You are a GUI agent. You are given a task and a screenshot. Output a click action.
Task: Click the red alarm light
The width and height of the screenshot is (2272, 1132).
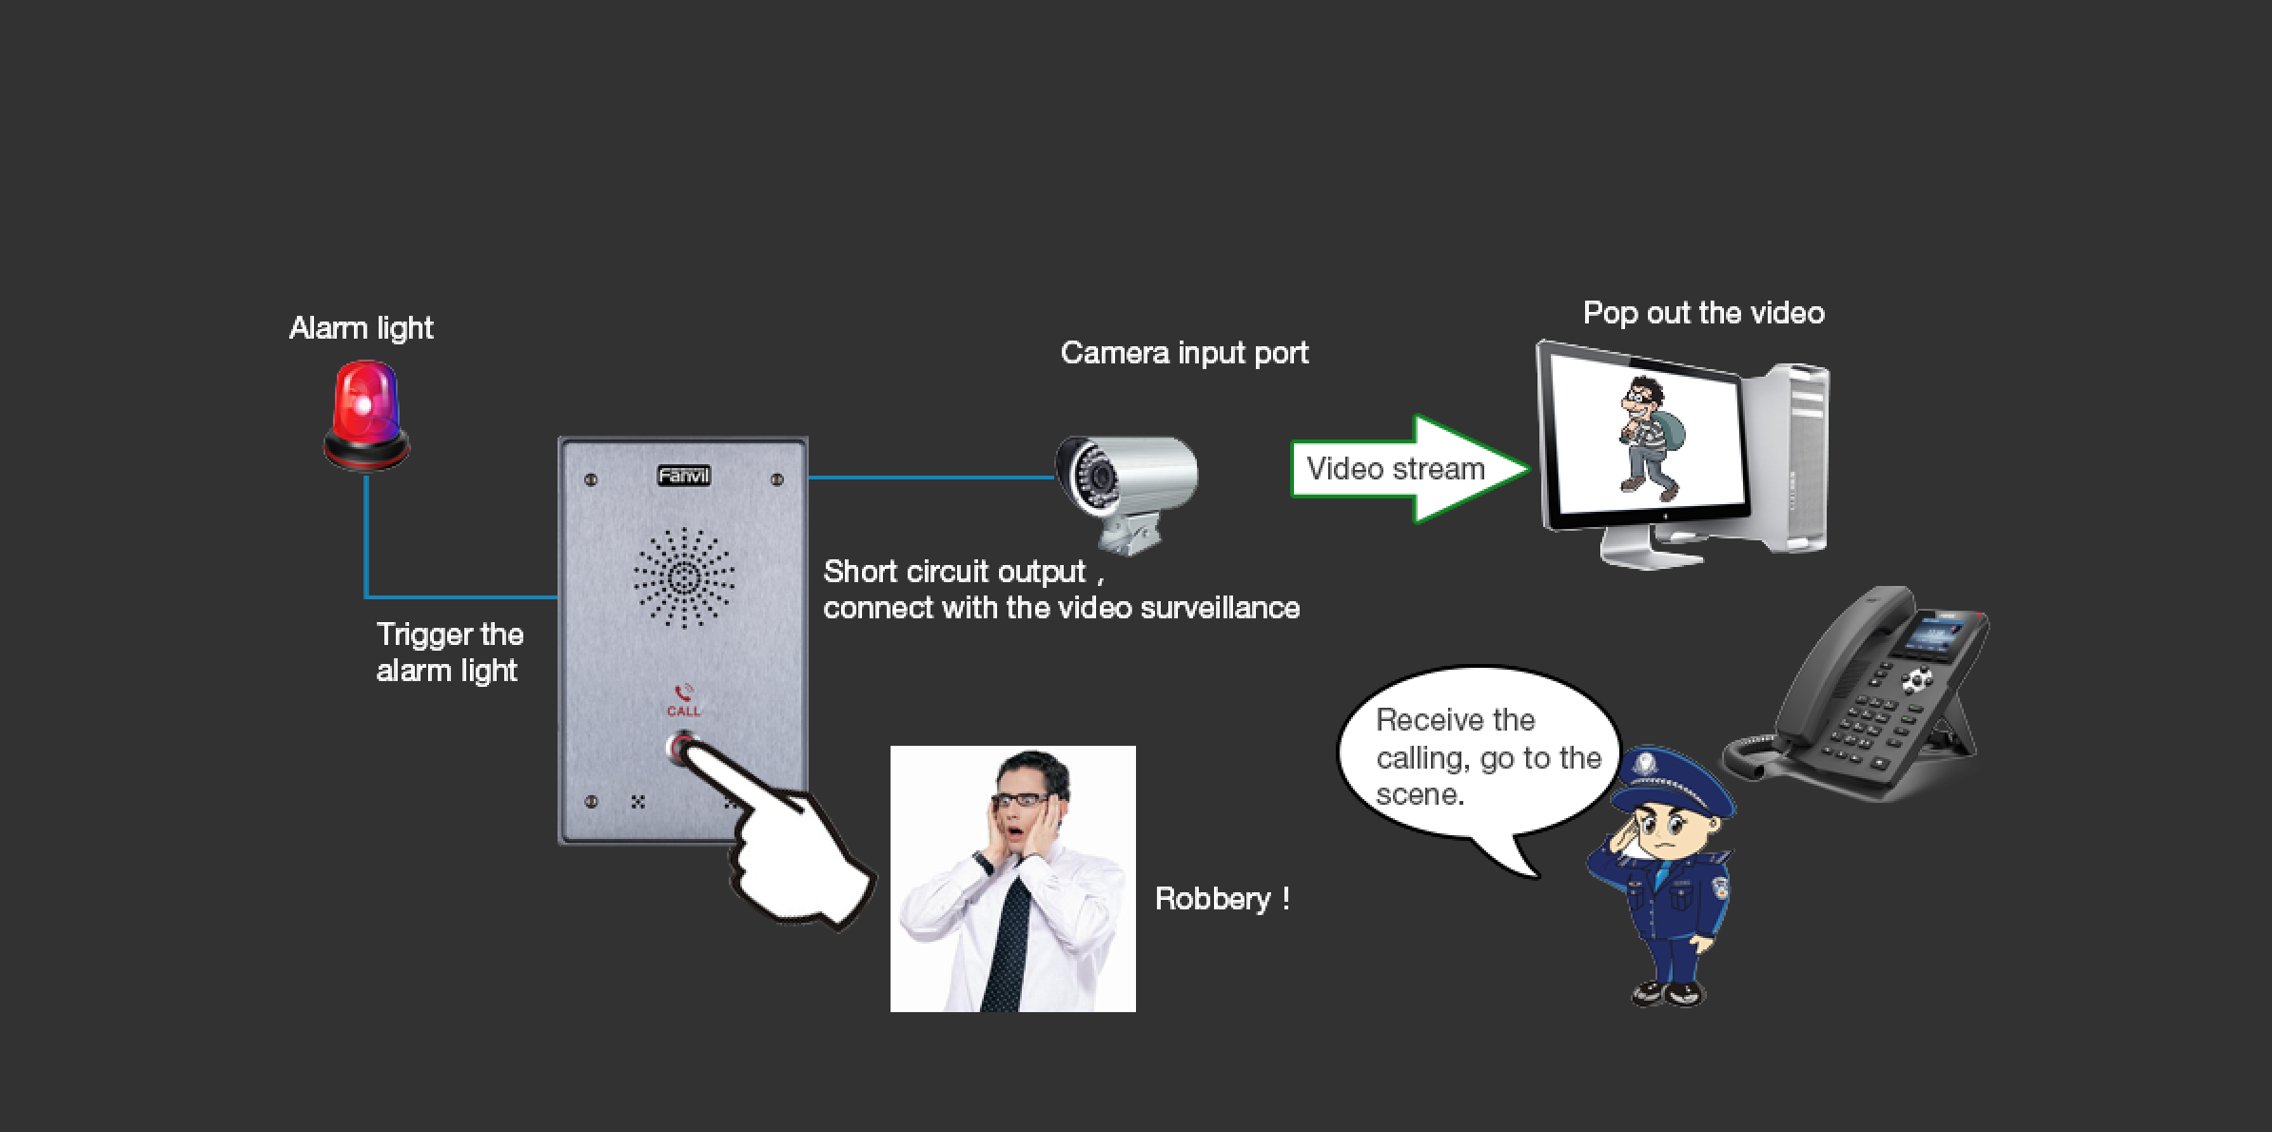tap(366, 415)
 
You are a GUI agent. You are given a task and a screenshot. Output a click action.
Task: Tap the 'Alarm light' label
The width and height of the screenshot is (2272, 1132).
tap(361, 328)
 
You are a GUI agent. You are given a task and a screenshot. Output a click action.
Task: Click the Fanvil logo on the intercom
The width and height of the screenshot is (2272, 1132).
tap(684, 475)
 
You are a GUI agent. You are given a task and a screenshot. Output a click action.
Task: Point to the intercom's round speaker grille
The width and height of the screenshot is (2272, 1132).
tap(684, 577)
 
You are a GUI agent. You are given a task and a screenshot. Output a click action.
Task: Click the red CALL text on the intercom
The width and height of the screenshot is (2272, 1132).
tap(683, 711)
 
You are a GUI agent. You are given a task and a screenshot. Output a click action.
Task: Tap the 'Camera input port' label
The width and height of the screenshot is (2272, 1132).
tap(1185, 353)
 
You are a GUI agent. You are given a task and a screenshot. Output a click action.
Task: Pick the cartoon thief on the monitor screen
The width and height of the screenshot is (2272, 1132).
tap(1650, 437)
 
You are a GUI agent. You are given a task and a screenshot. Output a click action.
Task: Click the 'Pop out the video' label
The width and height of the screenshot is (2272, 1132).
tap(1703, 313)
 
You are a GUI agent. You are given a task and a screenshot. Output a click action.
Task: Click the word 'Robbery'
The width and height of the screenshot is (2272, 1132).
tap(1212, 899)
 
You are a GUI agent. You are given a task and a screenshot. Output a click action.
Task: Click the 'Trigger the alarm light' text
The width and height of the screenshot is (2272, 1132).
tap(449, 653)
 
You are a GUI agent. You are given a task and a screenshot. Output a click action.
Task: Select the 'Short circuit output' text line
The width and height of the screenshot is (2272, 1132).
tap(954, 572)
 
